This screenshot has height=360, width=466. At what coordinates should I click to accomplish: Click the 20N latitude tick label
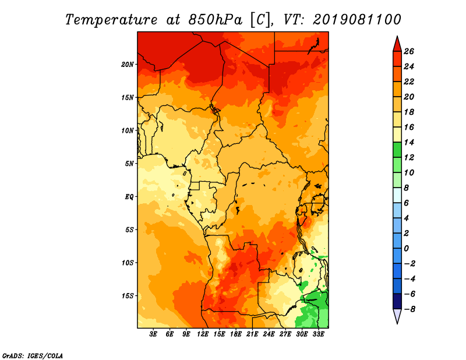coord(127,65)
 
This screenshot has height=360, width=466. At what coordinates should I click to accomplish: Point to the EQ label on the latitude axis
coord(129,197)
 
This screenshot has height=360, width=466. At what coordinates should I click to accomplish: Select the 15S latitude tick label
coord(127,296)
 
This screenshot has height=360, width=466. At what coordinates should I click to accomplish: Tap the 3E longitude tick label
coord(153,334)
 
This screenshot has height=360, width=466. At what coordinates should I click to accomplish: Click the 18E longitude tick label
coord(236,334)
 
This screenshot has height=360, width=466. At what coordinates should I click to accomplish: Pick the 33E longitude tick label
coord(318,334)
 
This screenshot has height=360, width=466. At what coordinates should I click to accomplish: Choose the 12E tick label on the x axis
coord(203,334)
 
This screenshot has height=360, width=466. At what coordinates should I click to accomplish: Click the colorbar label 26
coord(409,51)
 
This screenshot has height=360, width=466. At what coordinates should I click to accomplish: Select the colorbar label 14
coord(409,142)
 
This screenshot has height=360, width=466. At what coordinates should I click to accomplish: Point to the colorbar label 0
coord(406,249)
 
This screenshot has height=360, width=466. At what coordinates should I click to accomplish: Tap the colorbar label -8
coord(409,309)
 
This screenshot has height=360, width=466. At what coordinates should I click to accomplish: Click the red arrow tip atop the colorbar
coord(397,36)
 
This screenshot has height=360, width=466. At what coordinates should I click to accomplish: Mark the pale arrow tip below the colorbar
coord(397,323)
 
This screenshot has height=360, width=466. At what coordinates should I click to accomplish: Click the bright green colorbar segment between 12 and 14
coord(397,150)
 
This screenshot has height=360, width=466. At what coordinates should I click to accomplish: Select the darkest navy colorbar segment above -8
coord(397,301)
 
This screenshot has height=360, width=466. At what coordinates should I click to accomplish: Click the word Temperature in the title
coord(111,20)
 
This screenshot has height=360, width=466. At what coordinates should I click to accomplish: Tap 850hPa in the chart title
coord(216,20)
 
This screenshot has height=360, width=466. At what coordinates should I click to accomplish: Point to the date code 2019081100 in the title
coord(357,20)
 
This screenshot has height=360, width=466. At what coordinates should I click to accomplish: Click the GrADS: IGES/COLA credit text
coord(33,356)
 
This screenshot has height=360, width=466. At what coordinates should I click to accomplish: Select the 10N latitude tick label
coord(127,130)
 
